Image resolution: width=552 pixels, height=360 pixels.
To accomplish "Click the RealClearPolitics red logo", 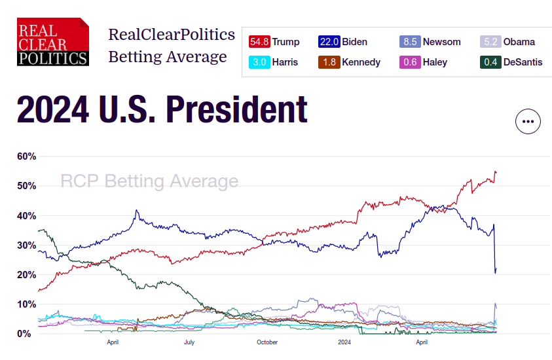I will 53,42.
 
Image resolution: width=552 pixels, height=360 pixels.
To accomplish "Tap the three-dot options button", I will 528,121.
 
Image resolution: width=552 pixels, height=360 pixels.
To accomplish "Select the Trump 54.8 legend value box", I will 259,42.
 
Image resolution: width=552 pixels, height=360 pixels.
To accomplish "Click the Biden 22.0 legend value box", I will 329,42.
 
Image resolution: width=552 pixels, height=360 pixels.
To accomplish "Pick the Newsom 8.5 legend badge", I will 410,42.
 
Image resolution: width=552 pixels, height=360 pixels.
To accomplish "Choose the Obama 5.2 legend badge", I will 491,42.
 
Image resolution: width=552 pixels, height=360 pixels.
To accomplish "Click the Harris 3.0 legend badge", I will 259,62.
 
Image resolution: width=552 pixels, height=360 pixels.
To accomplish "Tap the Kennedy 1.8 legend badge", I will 329,62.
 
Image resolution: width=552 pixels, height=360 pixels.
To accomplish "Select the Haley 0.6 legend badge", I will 410,62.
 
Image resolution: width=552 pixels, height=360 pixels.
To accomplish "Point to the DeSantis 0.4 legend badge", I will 491,62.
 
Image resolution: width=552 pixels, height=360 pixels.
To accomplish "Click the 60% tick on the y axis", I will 27,156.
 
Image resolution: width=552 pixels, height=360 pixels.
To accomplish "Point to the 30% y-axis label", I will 27,245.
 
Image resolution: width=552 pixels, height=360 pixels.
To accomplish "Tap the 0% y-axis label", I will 24,334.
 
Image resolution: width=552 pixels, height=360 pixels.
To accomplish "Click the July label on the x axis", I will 189,342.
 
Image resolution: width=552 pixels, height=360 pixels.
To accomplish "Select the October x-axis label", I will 267,342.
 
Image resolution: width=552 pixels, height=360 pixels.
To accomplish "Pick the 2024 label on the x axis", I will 344,342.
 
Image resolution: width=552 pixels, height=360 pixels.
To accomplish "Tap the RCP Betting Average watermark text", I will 149,181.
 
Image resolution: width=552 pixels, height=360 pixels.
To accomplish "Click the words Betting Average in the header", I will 168,57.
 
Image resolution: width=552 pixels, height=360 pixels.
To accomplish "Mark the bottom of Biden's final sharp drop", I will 495,272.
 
